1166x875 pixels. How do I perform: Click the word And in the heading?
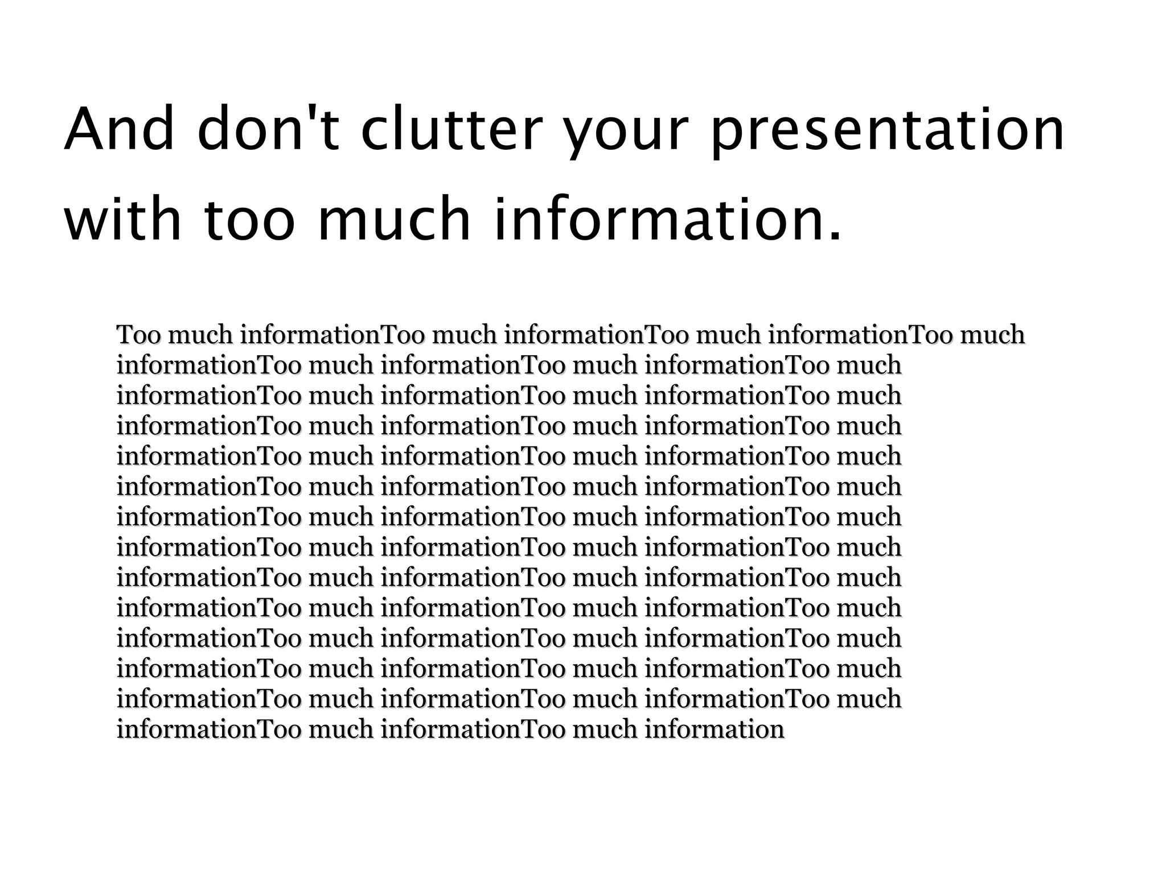point(119,130)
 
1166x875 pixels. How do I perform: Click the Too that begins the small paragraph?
point(139,335)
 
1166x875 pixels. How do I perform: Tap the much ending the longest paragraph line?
point(992,335)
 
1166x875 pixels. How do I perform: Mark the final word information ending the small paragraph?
point(715,729)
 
